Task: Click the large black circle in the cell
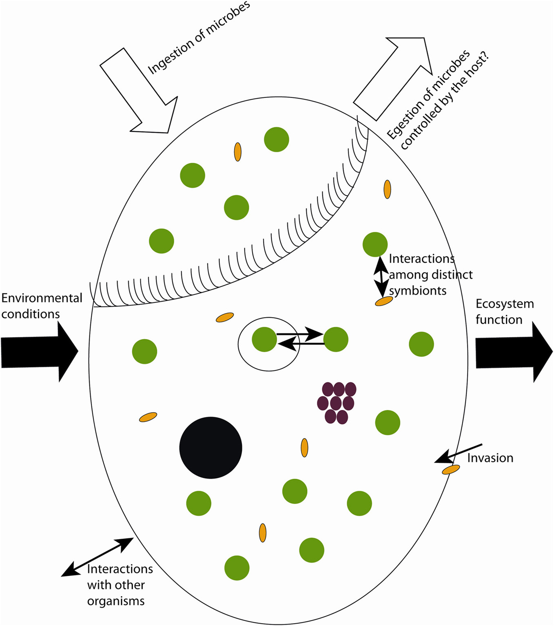tap(211, 448)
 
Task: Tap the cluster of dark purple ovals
tap(336, 403)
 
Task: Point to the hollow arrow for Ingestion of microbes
tap(141, 94)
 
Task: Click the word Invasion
tap(490, 458)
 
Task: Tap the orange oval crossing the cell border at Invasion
tap(451, 470)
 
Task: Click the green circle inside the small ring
tap(264, 340)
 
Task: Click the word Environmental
tap(42, 298)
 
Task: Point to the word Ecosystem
tap(505, 304)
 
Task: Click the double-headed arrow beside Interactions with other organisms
tap(97, 557)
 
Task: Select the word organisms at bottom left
tap(116, 601)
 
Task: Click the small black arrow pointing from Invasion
tap(459, 453)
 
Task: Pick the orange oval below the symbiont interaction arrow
tap(384, 301)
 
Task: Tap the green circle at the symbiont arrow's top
tap(375, 244)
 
